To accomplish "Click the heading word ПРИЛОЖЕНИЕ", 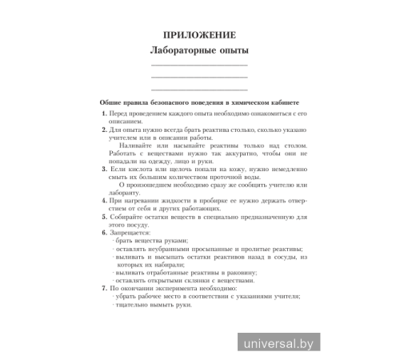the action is (199, 35).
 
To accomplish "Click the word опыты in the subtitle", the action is (226, 51).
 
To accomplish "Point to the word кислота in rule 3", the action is (141, 170).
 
